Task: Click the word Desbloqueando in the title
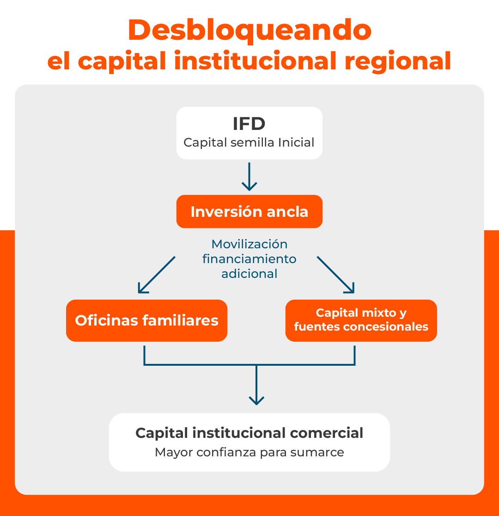249,31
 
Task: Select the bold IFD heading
249,124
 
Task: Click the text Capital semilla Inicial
249,142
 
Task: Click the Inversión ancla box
249,212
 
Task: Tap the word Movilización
249,244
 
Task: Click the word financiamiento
249,259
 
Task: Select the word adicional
249,274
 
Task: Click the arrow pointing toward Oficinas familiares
156,275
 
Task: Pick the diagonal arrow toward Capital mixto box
336,275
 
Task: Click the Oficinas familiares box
146,320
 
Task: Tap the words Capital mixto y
361,313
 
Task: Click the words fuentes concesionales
361,327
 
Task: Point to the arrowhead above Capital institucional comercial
256,400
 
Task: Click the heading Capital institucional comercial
249,433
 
